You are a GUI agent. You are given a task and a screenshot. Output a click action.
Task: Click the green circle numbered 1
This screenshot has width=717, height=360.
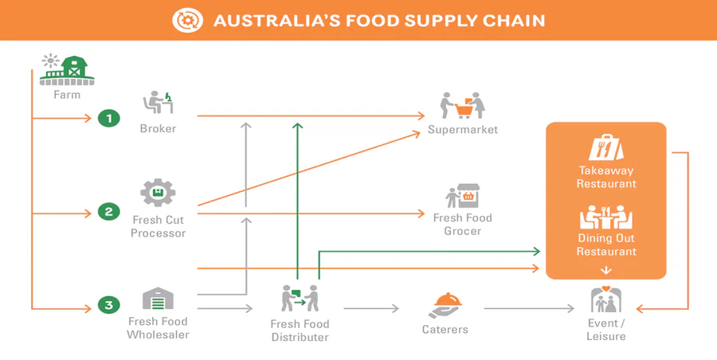click(x=109, y=119)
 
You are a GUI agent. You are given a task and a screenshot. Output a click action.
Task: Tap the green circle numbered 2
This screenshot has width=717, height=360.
click(x=109, y=212)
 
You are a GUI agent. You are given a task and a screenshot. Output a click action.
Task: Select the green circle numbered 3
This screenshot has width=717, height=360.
click(x=109, y=305)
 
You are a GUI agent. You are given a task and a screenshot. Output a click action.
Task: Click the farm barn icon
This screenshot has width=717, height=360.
click(x=67, y=70)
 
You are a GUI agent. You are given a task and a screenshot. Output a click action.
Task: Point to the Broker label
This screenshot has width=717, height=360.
click(x=158, y=128)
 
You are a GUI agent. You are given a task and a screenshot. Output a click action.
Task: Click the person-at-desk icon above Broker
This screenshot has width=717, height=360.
click(x=159, y=103)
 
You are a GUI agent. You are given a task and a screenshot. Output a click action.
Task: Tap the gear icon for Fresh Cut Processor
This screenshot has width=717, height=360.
click(x=158, y=193)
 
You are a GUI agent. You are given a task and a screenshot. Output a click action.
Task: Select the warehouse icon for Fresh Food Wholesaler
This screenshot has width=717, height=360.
click(x=159, y=299)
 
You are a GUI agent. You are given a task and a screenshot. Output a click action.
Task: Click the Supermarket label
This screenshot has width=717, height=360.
click(x=463, y=130)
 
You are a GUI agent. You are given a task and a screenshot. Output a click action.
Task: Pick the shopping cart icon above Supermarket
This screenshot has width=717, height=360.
click(x=462, y=106)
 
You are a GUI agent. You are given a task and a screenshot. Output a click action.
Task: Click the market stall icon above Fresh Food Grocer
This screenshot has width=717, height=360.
click(x=463, y=196)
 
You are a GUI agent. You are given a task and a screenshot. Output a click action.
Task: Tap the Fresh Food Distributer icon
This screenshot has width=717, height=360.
click(x=300, y=298)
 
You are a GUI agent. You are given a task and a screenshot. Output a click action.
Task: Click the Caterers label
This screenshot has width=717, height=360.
click(x=445, y=330)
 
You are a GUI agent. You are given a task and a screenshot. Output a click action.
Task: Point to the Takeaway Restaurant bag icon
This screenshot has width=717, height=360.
click(x=606, y=147)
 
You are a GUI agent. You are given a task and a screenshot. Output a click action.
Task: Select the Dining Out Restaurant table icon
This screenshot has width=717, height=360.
click(x=606, y=217)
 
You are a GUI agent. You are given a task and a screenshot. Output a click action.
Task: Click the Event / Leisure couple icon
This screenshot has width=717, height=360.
click(x=605, y=299)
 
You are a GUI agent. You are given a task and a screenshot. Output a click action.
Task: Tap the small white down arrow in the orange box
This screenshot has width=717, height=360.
click(x=606, y=270)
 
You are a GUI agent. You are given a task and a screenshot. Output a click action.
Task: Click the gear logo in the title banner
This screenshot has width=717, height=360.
click(x=187, y=20)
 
